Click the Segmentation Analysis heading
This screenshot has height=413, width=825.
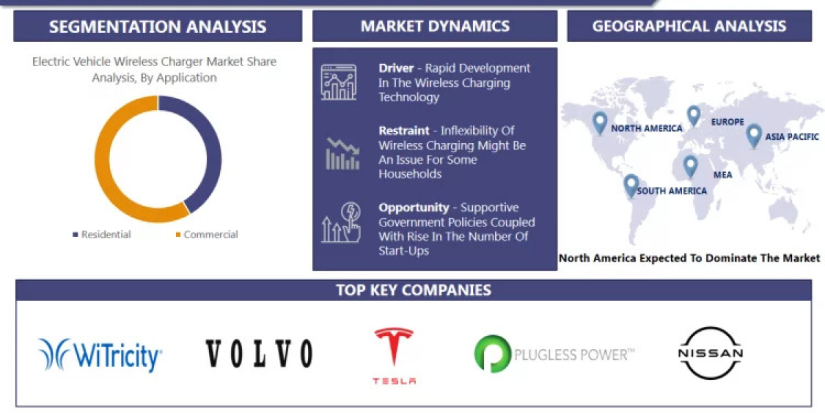pos(157,27)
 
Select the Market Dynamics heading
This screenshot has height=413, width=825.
pos(434,27)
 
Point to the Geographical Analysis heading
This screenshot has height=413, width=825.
pos(689,27)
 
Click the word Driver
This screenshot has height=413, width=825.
pos(396,68)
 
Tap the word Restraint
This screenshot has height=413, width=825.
pos(404,131)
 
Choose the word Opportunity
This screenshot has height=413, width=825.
pos(413,207)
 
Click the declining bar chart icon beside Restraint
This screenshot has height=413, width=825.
pos(342,153)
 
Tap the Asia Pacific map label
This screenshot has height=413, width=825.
pos(792,137)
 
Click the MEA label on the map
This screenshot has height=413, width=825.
pos(723,175)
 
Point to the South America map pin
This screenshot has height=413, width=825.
pos(630,184)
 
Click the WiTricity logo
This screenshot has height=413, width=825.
pos(100,354)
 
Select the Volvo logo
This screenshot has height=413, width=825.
pos(259,353)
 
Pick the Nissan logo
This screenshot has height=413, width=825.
pos(710,353)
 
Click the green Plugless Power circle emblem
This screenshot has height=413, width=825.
pos(492,354)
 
